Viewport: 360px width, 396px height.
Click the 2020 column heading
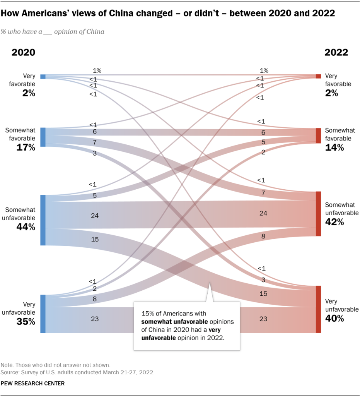click(x=23, y=53)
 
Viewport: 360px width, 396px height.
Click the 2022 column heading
click(x=336, y=53)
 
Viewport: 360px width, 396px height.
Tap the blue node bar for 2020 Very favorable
click(x=43, y=77)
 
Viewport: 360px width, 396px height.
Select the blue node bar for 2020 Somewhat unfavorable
click(x=43, y=220)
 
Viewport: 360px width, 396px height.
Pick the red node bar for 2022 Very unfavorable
click(x=318, y=309)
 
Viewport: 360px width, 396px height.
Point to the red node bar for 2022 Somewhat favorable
click(x=318, y=135)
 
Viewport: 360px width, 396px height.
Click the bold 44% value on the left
click(x=26, y=227)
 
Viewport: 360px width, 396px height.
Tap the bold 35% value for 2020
click(x=26, y=321)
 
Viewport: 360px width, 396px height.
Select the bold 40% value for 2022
click(x=334, y=319)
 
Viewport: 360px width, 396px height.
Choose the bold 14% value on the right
click(x=334, y=147)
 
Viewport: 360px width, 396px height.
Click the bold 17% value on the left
click(x=26, y=147)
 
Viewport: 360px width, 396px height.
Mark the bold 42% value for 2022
click(x=334, y=222)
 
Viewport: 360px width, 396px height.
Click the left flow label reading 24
click(x=95, y=215)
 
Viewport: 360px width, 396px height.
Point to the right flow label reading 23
click(x=263, y=319)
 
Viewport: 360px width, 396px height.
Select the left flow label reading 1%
click(x=97, y=70)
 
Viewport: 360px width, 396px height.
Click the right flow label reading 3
click(x=263, y=279)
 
